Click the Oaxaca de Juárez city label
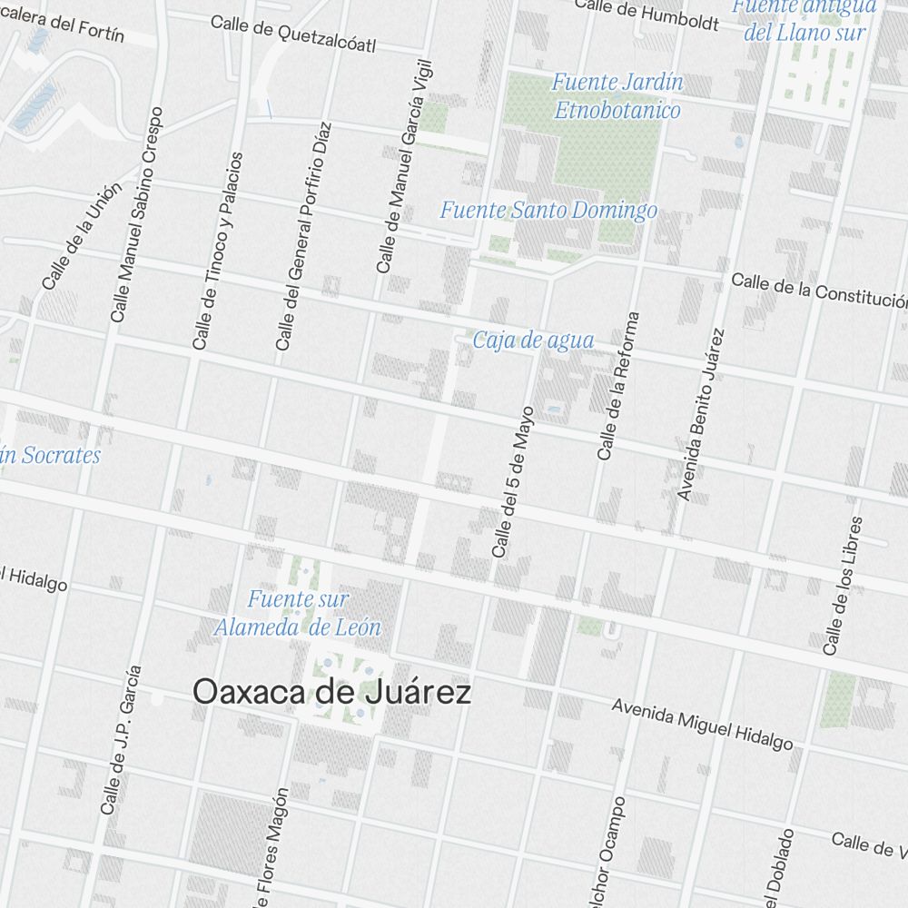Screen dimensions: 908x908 click(332, 693)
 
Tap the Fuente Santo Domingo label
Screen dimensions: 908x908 click(548, 211)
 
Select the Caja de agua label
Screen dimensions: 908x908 click(533, 340)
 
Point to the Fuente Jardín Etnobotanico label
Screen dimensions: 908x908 click(617, 96)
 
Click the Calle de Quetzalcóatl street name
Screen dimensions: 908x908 click(292, 34)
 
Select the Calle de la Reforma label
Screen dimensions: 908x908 click(619, 386)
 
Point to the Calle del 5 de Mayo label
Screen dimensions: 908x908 click(513, 481)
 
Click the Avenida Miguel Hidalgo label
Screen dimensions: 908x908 click(702, 724)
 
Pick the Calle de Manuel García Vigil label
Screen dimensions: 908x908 click(405, 167)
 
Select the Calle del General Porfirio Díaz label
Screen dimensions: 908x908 click(304, 236)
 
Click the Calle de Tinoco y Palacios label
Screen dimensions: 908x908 click(218, 251)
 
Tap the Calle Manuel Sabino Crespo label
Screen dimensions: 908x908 click(137, 214)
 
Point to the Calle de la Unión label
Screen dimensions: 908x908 click(81, 237)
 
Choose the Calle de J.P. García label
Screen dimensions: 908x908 click(121, 739)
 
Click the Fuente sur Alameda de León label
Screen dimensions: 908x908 click(297, 614)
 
